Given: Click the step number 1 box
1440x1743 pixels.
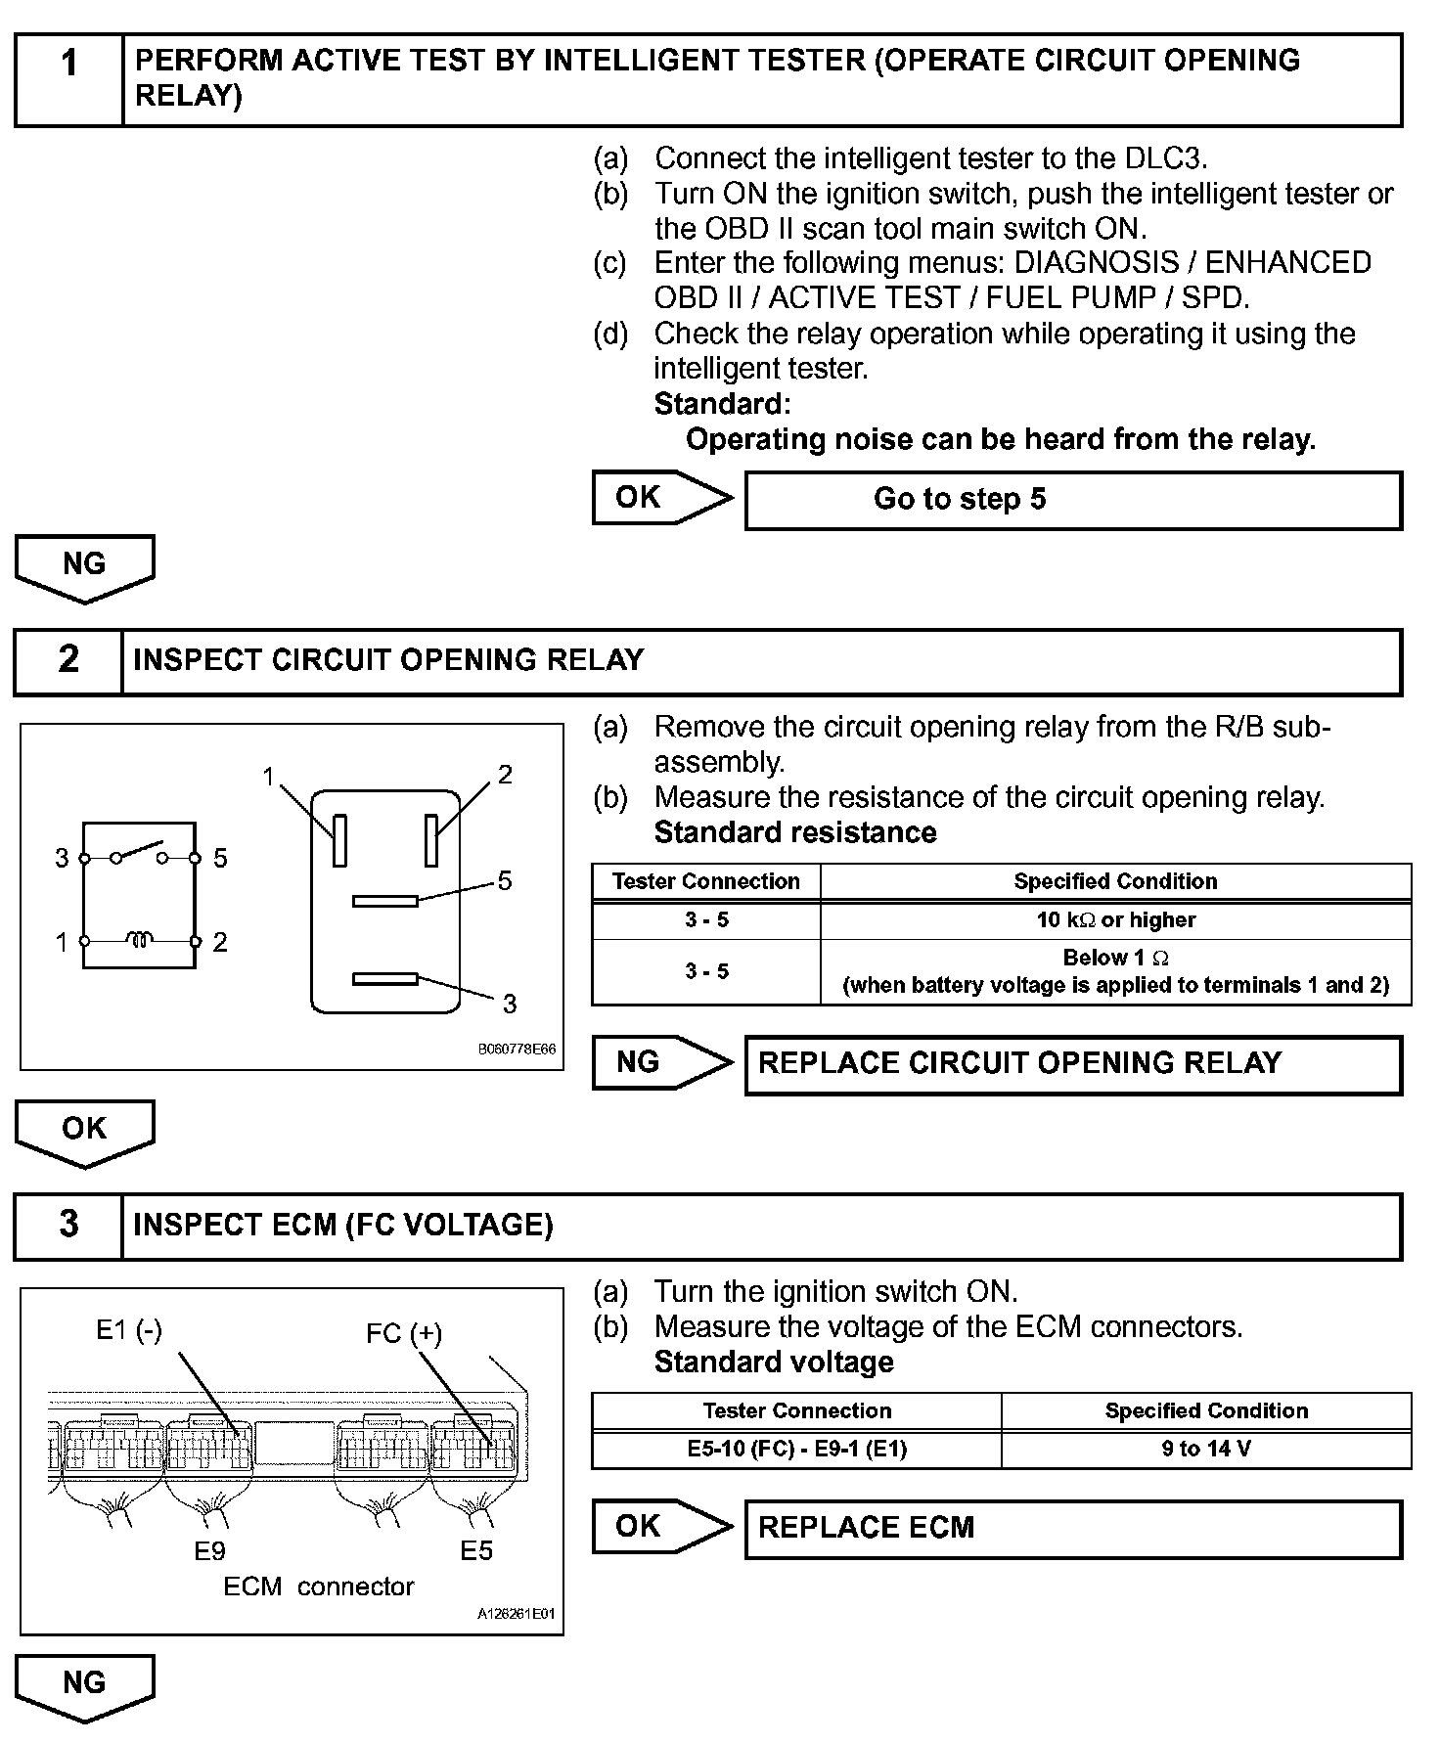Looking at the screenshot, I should tap(68, 80).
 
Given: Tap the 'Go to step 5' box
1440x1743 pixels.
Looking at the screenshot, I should tap(1073, 500).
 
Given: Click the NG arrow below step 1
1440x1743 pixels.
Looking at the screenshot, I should tap(84, 566).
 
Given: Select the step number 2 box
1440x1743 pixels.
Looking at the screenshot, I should tap(68, 661).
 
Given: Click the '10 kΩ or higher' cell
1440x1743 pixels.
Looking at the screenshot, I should tap(1115, 920).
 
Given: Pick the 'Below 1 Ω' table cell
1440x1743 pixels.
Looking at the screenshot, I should tap(1115, 971).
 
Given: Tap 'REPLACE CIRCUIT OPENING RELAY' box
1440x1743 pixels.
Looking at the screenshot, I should tap(1073, 1064).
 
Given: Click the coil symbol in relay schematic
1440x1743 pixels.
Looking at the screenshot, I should tap(139, 941).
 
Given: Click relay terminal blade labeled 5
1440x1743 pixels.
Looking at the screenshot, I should tap(384, 901).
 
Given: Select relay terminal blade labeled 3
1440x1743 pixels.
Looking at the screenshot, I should tap(384, 979).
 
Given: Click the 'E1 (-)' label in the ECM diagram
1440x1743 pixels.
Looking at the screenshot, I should tap(128, 1329).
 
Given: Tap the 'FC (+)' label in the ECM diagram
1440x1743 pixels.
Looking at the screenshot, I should tap(404, 1333).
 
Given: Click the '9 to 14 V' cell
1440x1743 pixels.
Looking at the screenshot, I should tap(1205, 1449).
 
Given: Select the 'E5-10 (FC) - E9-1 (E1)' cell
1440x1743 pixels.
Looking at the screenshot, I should tap(796, 1449).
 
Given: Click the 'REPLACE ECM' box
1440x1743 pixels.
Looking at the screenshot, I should tap(1073, 1529).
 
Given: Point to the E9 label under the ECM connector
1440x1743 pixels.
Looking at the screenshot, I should tap(210, 1550).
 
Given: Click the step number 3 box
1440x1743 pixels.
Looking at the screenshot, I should tap(68, 1226).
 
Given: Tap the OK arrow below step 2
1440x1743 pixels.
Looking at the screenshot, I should tap(84, 1131).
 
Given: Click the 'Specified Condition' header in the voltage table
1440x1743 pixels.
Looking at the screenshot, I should tap(1205, 1410).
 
